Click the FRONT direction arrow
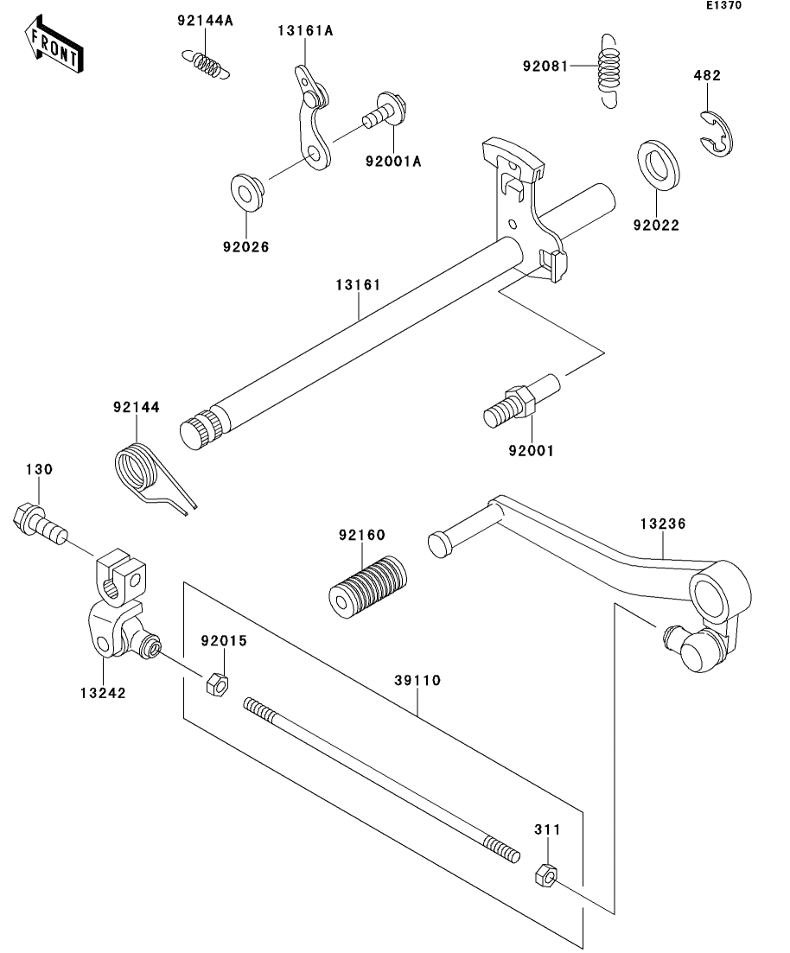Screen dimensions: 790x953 [54, 45]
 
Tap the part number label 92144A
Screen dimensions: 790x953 [205, 21]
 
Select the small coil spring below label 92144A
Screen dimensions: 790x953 [207, 65]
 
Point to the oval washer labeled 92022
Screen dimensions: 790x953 [659, 165]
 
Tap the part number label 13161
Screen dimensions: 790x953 [358, 284]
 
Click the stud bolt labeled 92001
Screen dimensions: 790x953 [521, 401]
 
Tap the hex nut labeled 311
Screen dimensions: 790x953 [545, 874]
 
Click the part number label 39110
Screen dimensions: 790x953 [417, 680]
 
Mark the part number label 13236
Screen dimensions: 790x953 [663, 524]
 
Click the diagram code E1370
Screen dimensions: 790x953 [723, 5]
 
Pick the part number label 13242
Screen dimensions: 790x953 [103, 693]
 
